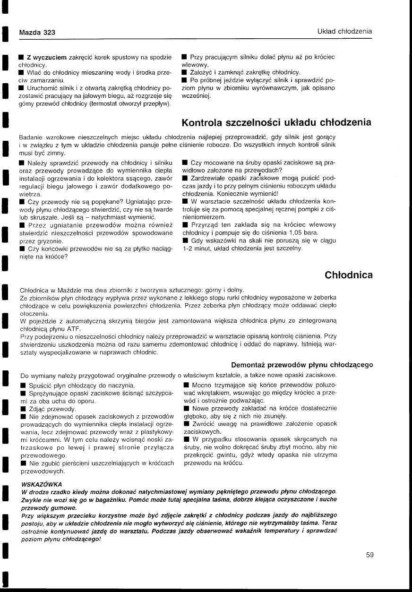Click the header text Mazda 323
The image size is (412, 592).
[x=37, y=32]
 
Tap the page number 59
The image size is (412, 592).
[x=370, y=555]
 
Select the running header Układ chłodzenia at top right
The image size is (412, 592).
[x=344, y=32]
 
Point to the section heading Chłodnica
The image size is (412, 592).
[x=349, y=275]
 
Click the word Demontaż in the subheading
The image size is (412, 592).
[x=249, y=365]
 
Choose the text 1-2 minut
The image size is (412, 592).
[x=198, y=248]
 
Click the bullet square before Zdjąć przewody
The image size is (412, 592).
[x=22, y=409]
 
